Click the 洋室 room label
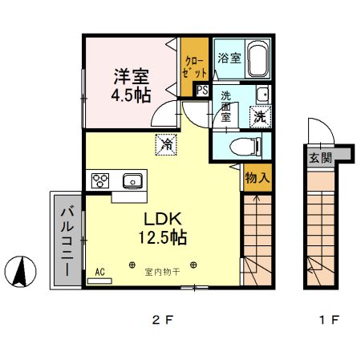pyautogui.click(x=131, y=77)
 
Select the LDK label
pyautogui.click(x=164, y=219)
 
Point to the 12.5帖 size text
pyautogui.click(x=165, y=238)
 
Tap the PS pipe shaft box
pyautogui.click(x=202, y=91)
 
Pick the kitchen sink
pyautogui.click(x=132, y=180)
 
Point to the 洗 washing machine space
pyautogui.click(x=260, y=115)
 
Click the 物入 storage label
pyautogui.click(x=257, y=178)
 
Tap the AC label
pyautogui.click(x=100, y=271)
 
